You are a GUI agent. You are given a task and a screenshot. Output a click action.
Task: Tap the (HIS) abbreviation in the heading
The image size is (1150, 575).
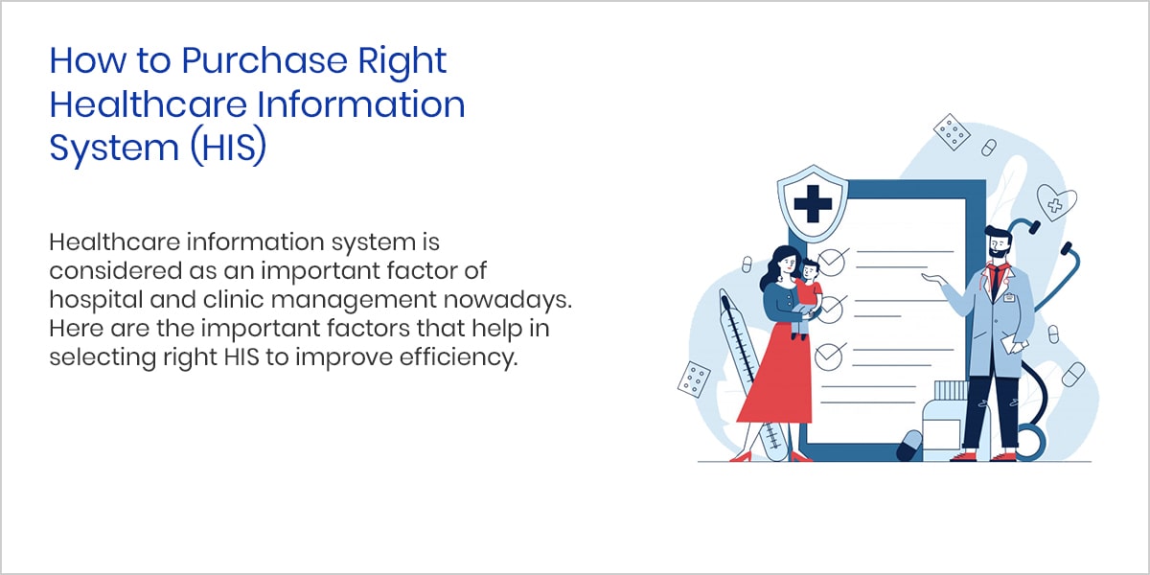pyautogui.click(x=228, y=148)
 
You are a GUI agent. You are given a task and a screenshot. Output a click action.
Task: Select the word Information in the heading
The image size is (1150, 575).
pyautogui.click(x=361, y=104)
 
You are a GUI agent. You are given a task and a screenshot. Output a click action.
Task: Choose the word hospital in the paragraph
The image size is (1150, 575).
pyautogui.click(x=96, y=300)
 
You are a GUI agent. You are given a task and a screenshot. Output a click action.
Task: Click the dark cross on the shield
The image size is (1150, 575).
pyautogui.click(x=813, y=204)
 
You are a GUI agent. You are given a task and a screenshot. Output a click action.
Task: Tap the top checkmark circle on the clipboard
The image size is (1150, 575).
pyautogui.click(x=831, y=263)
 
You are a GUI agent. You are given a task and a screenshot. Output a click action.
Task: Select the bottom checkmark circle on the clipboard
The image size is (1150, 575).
pyautogui.click(x=828, y=356)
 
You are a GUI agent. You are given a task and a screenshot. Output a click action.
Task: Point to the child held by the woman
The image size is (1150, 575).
pyautogui.click(x=807, y=298)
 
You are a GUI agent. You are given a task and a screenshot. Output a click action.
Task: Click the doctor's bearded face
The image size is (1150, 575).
pyautogui.click(x=999, y=245)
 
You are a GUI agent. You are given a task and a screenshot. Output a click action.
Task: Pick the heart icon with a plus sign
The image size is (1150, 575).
pyautogui.click(x=1056, y=202)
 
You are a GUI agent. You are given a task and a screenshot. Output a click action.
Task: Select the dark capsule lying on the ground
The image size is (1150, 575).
pyautogui.click(x=909, y=446)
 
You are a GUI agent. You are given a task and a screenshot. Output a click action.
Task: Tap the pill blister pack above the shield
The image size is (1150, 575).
pyautogui.click(x=952, y=132)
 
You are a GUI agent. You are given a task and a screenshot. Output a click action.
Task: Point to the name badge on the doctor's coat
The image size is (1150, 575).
pyautogui.click(x=1009, y=297)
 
